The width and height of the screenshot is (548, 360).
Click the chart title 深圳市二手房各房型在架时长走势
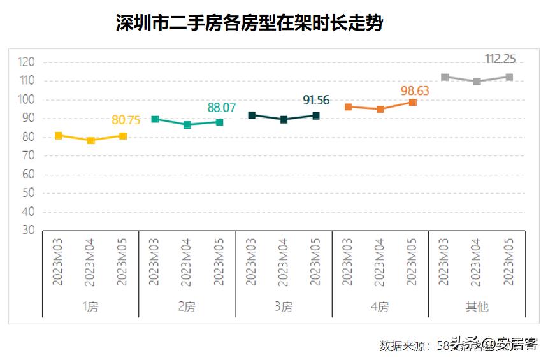(x=249, y=24)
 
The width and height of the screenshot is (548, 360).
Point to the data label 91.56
(x=316, y=100)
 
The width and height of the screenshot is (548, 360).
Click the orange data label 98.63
(x=415, y=90)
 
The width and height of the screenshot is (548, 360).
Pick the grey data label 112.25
(x=500, y=59)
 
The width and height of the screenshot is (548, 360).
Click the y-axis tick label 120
(x=26, y=62)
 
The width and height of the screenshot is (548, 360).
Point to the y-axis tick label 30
(x=28, y=231)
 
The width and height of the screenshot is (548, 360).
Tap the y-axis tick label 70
(x=28, y=156)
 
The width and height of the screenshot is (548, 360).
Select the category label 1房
(x=90, y=307)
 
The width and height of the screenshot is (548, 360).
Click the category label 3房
(x=284, y=307)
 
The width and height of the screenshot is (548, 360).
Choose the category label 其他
(x=477, y=307)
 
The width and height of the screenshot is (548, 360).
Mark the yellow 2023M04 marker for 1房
(x=91, y=141)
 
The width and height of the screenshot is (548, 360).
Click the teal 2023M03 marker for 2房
(x=155, y=119)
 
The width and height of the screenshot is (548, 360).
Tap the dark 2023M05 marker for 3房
(x=316, y=115)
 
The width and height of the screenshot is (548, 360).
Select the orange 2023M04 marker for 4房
(x=380, y=109)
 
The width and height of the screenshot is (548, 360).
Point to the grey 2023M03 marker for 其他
(x=445, y=77)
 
